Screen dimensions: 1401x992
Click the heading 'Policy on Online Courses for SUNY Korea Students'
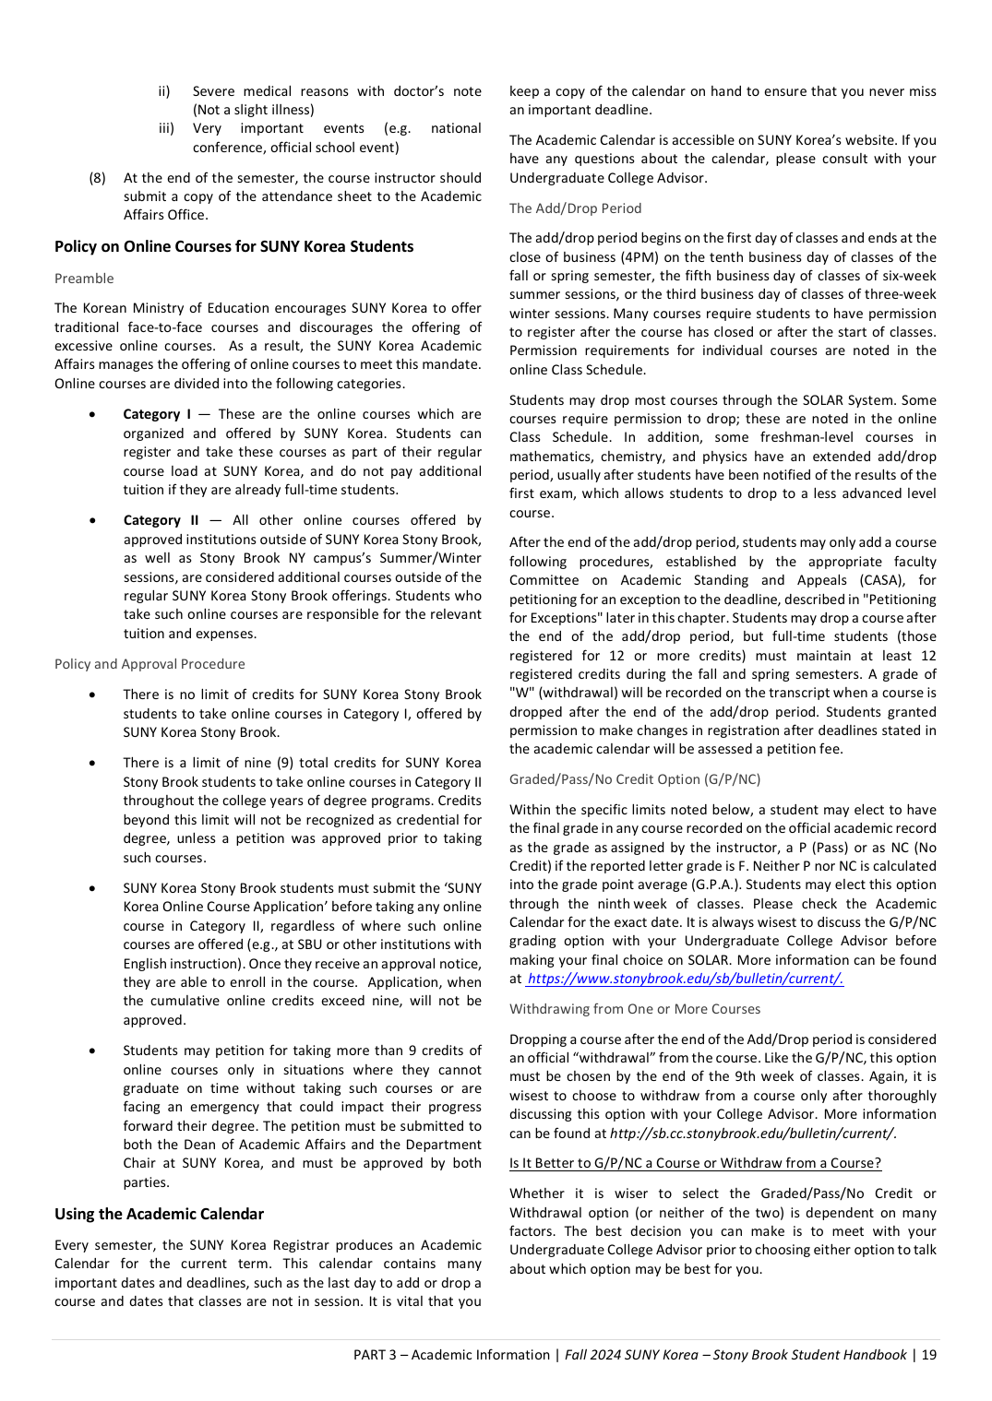tap(233, 246)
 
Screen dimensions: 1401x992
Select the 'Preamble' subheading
tap(84, 279)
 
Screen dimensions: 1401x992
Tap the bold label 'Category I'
tap(157, 414)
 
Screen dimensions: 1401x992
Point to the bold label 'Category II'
tap(161, 520)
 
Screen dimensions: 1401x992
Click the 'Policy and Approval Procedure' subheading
tap(149, 664)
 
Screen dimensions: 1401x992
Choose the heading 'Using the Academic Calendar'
tap(159, 1214)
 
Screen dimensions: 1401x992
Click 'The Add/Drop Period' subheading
tap(575, 208)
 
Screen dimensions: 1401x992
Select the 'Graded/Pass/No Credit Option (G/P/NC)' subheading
tap(635, 779)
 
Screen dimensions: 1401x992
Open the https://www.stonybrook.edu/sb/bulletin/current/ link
tap(685, 979)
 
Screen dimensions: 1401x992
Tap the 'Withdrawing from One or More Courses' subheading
tap(635, 1009)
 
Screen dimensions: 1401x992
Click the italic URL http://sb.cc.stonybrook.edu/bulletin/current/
tap(752, 1134)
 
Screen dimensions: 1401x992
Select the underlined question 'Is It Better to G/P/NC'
tap(695, 1163)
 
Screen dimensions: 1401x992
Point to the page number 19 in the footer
tap(929, 1355)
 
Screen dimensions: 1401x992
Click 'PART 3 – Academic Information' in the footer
tap(451, 1355)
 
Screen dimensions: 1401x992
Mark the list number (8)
tap(97, 178)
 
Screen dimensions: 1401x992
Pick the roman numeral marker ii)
tap(164, 91)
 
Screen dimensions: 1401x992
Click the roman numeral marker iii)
tap(166, 128)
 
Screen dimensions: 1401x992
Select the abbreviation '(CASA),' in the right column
tap(884, 580)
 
